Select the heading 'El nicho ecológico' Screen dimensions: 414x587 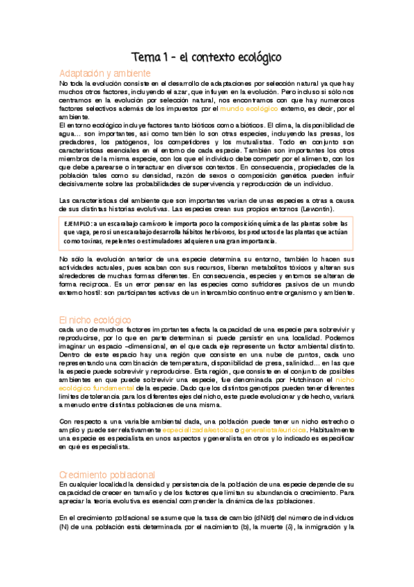95,300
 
